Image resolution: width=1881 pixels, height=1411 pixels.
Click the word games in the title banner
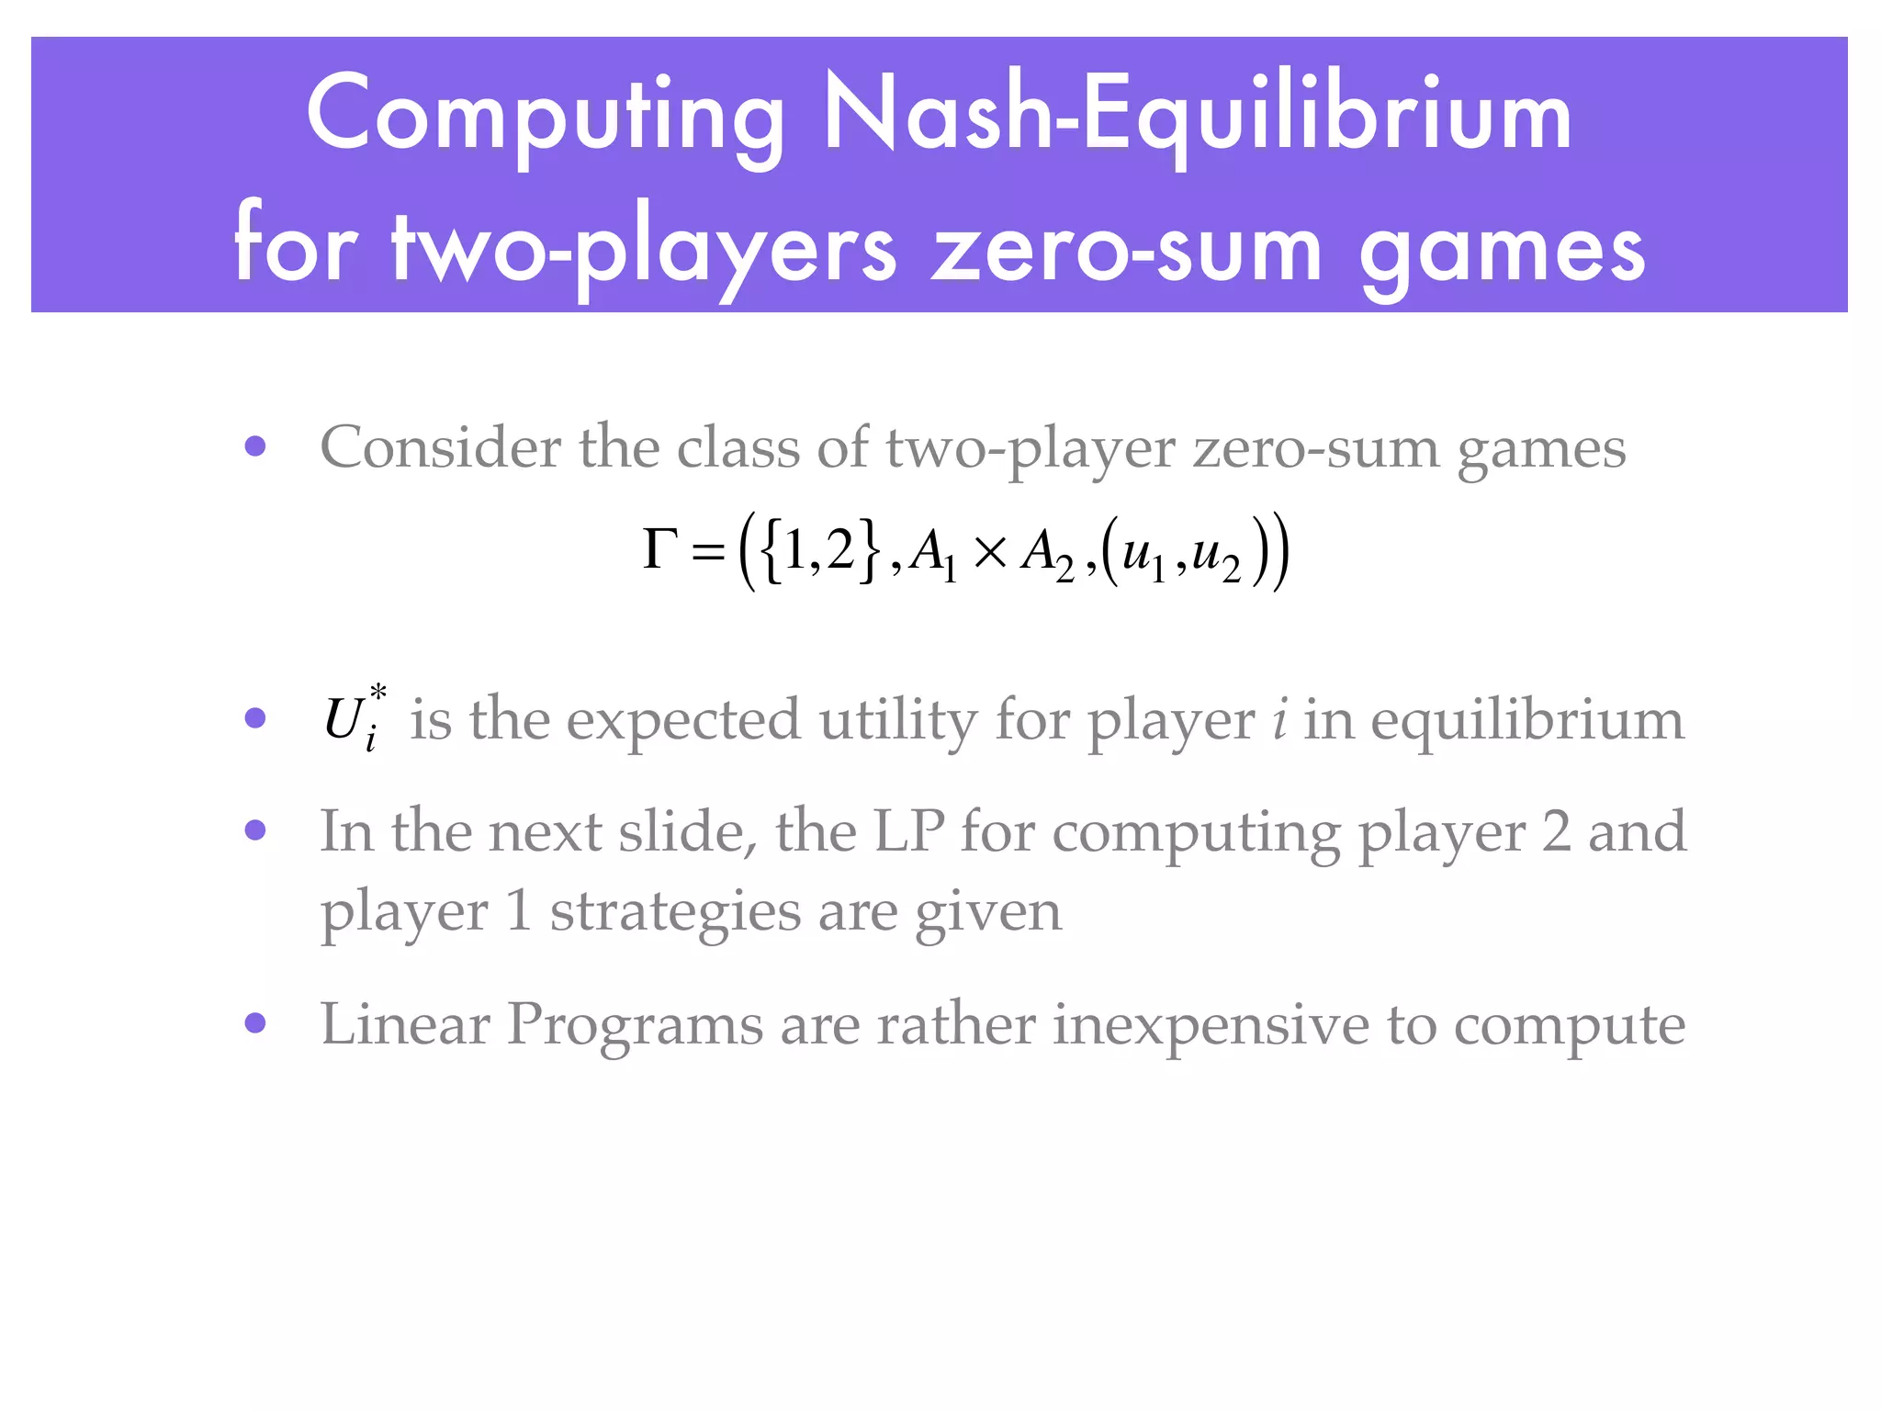point(1503,250)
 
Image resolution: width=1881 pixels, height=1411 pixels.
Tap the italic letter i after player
point(1279,719)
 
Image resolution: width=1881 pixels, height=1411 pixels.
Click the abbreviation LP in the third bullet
point(908,830)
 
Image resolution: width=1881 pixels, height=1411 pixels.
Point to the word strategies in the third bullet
point(675,911)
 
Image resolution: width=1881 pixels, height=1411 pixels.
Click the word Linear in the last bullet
point(404,1023)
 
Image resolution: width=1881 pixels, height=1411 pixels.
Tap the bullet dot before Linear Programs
point(255,1023)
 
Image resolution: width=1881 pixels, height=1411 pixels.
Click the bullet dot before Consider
point(255,447)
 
